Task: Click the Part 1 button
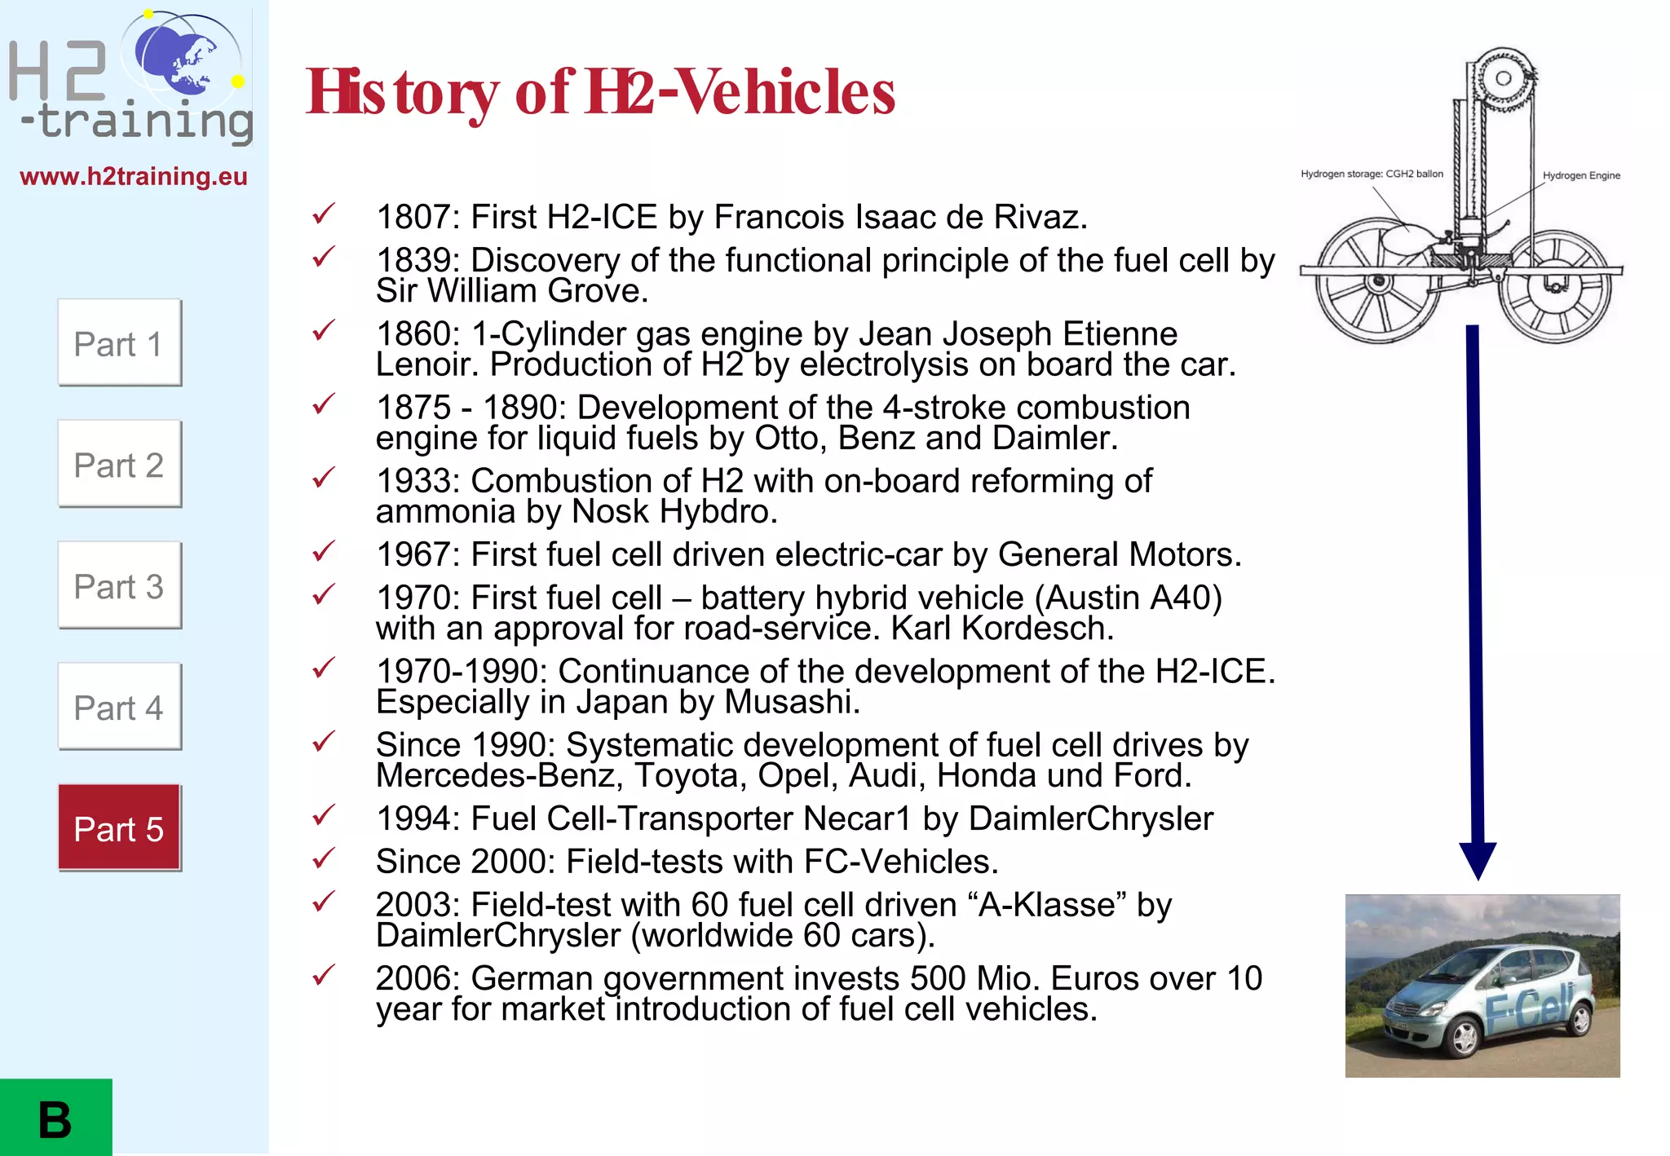point(119,343)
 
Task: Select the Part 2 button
point(119,465)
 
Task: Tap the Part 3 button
point(119,586)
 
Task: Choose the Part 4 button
point(119,708)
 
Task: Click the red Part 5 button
point(119,828)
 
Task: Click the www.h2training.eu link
point(134,176)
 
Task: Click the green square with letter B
point(55,1118)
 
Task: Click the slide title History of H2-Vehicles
point(600,92)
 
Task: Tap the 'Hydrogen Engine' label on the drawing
point(1580,175)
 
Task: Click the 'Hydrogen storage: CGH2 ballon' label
point(1372,174)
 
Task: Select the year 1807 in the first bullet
point(413,217)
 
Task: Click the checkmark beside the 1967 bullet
point(324,552)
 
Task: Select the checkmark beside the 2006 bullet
point(324,975)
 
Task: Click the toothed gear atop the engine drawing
point(1503,78)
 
